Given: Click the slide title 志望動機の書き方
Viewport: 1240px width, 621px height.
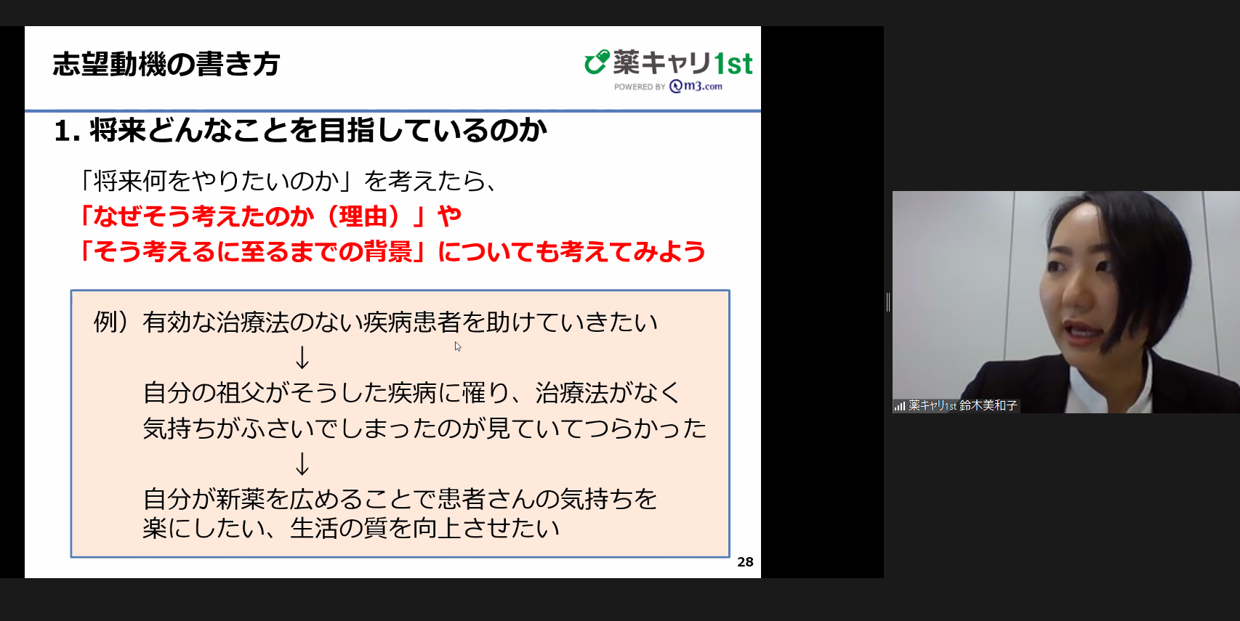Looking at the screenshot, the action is (x=166, y=64).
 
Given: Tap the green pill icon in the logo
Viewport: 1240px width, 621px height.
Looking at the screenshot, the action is (x=597, y=62).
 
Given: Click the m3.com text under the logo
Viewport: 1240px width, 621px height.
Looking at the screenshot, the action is (x=696, y=86).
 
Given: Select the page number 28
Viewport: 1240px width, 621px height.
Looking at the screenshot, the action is (x=745, y=562).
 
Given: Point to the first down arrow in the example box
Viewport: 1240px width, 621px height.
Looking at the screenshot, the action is (x=302, y=358).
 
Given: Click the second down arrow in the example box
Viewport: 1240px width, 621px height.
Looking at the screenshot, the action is (x=302, y=464).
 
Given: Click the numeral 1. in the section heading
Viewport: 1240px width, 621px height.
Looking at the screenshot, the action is (x=68, y=131).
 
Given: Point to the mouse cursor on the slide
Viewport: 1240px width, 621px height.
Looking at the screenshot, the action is (x=458, y=346).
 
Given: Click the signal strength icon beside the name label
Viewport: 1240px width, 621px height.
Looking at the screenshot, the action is (x=900, y=406).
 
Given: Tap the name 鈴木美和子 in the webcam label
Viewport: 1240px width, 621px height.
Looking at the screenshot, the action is (x=988, y=405).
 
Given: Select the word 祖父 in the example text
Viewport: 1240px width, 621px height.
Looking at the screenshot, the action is (x=241, y=393).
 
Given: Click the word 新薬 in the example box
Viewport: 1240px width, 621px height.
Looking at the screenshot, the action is (x=241, y=499).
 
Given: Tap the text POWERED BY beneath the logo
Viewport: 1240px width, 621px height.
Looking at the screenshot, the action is (x=640, y=87).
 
